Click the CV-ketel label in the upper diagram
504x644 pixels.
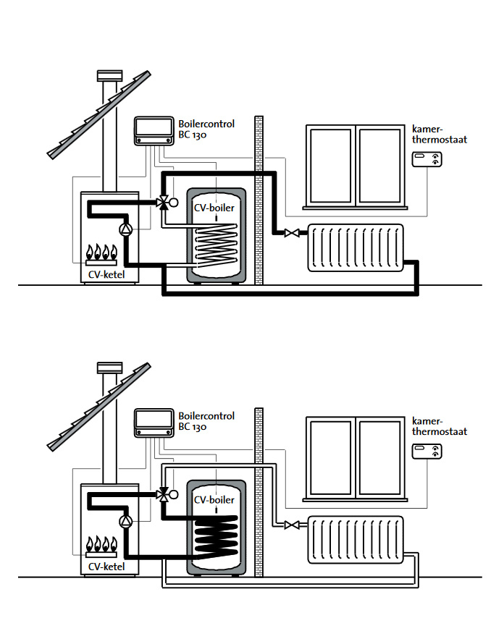tap(106, 274)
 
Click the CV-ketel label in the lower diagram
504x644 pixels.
tap(106, 567)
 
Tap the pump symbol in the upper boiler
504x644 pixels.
tap(126, 229)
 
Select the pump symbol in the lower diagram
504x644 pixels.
tap(126, 522)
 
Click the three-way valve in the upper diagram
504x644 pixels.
tap(163, 203)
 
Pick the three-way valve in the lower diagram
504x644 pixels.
tap(163, 494)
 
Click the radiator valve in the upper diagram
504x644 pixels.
tap(292, 233)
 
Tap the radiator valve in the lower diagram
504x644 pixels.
tap(292, 525)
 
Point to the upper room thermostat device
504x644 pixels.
tap(427, 159)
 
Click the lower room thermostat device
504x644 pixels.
tap(427, 452)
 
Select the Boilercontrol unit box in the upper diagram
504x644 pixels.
tap(154, 131)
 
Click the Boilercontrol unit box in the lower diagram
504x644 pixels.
tap(154, 423)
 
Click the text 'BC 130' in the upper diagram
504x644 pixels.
tap(193, 135)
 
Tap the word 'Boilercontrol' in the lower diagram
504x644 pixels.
tap(206, 415)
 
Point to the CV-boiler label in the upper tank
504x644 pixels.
tap(214, 208)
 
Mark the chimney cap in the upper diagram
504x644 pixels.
tap(110, 75)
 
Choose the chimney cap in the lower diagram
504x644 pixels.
tap(110, 368)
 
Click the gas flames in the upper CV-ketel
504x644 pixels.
tap(101, 252)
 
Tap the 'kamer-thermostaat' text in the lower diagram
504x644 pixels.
tap(440, 426)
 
